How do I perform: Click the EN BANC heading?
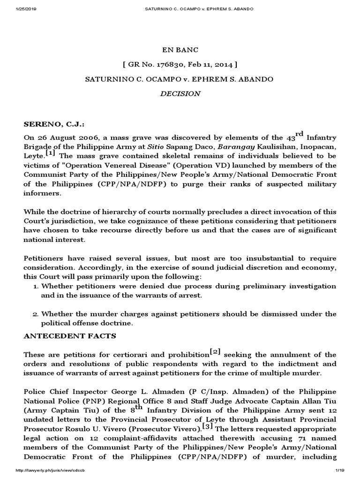click(180, 49)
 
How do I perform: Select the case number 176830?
click(171, 64)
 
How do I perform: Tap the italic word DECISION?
click(180, 93)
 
